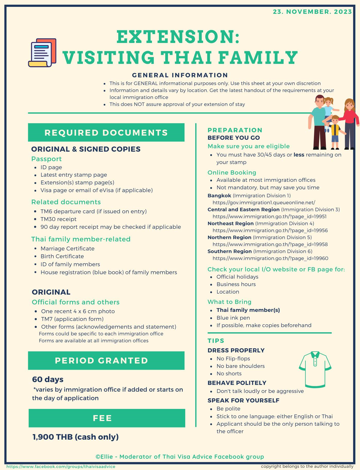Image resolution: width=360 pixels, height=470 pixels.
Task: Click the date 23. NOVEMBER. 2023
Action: click(312, 12)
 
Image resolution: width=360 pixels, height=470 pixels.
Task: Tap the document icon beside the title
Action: click(43, 53)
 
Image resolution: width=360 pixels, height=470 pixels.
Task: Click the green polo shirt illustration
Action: click(315, 369)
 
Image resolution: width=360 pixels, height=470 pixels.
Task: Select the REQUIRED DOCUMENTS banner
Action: click(106, 132)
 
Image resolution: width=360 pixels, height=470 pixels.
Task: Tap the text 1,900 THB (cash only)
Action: click(76, 437)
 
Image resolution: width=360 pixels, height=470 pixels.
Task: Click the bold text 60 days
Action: click(48, 379)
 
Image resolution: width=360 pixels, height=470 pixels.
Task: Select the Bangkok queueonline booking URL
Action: click(264, 202)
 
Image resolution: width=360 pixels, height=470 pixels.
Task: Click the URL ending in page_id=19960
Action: click(270, 258)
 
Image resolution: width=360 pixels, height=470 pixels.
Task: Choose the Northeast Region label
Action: click(230, 224)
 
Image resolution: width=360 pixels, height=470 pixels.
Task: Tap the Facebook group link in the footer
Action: click(61, 466)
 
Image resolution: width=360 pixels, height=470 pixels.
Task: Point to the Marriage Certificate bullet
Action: click(68, 249)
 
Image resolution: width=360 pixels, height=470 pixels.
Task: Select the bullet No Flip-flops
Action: click(233, 358)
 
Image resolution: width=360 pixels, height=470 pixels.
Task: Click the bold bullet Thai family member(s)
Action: click(248, 310)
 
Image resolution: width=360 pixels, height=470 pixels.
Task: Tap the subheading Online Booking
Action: click(232, 172)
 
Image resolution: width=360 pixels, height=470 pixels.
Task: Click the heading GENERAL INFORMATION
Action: click(180, 75)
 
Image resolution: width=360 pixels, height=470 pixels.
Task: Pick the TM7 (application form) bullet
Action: click(72, 319)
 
